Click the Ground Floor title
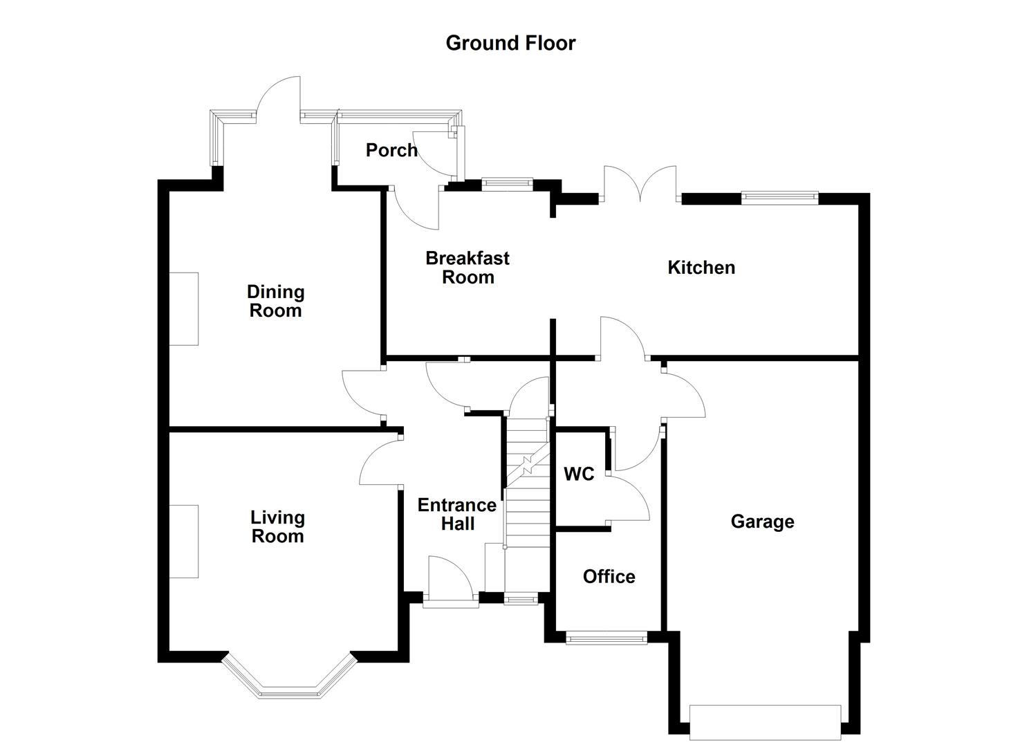(x=510, y=43)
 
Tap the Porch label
(x=391, y=150)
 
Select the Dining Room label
(x=275, y=301)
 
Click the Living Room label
(x=277, y=527)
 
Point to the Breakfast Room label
(x=468, y=268)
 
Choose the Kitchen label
(x=701, y=268)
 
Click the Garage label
(x=762, y=522)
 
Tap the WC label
(x=579, y=474)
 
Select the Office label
(x=609, y=577)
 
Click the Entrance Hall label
(x=457, y=515)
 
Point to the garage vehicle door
(x=765, y=722)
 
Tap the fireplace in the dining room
(x=184, y=308)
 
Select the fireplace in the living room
(x=184, y=542)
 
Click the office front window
(x=607, y=638)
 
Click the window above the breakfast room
(x=507, y=184)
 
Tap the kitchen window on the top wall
(x=779, y=197)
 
